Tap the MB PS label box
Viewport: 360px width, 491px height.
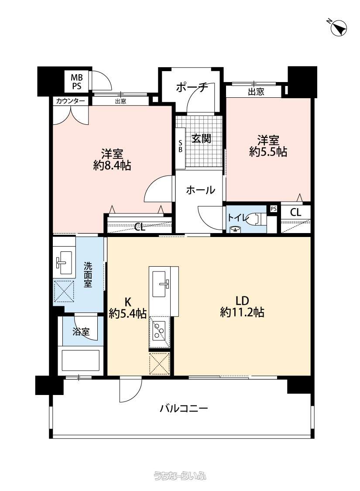click(77, 82)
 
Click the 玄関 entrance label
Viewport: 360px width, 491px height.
click(201, 138)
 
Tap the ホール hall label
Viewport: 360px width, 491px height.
click(200, 190)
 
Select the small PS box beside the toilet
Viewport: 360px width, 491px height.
click(274, 209)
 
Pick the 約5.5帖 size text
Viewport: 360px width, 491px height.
click(268, 151)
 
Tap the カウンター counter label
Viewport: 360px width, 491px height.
click(71, 101)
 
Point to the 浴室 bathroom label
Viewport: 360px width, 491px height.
click(81, 331)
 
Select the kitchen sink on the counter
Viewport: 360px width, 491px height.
click(161, 284)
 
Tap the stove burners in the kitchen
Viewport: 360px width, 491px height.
click(160, 333)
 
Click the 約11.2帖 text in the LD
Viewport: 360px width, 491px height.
click(242, 312)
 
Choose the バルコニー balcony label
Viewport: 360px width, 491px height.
click(184, 409)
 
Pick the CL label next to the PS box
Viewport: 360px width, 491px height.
click(295, 213)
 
